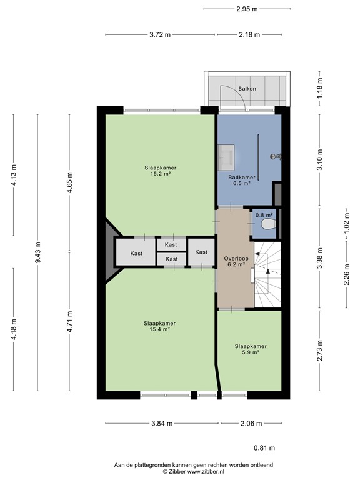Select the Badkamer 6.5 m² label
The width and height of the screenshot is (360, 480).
point(239,180)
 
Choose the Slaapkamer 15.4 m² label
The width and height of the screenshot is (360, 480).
point(159,326)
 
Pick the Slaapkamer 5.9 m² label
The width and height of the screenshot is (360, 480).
point(251,349)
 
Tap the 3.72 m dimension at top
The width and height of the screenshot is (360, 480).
point(159,35)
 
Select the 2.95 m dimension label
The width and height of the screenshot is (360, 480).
point(247,9)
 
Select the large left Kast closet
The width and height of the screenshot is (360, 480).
point(136,252)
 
